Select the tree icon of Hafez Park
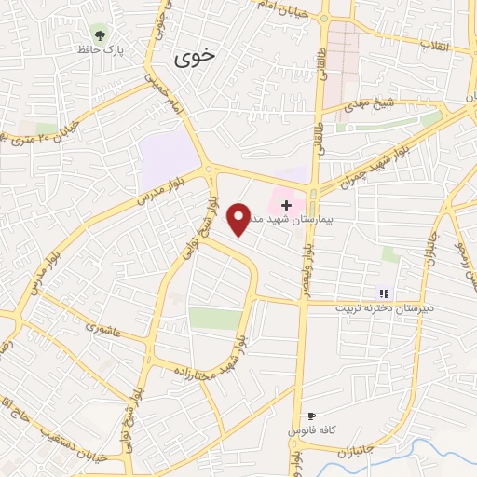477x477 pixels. click(98, 32)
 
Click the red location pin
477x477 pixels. click(239, 218)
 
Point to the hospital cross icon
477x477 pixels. click(286, 204)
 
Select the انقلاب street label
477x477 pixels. click(432, 44)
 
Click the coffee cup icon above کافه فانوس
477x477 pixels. click(311, 416)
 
